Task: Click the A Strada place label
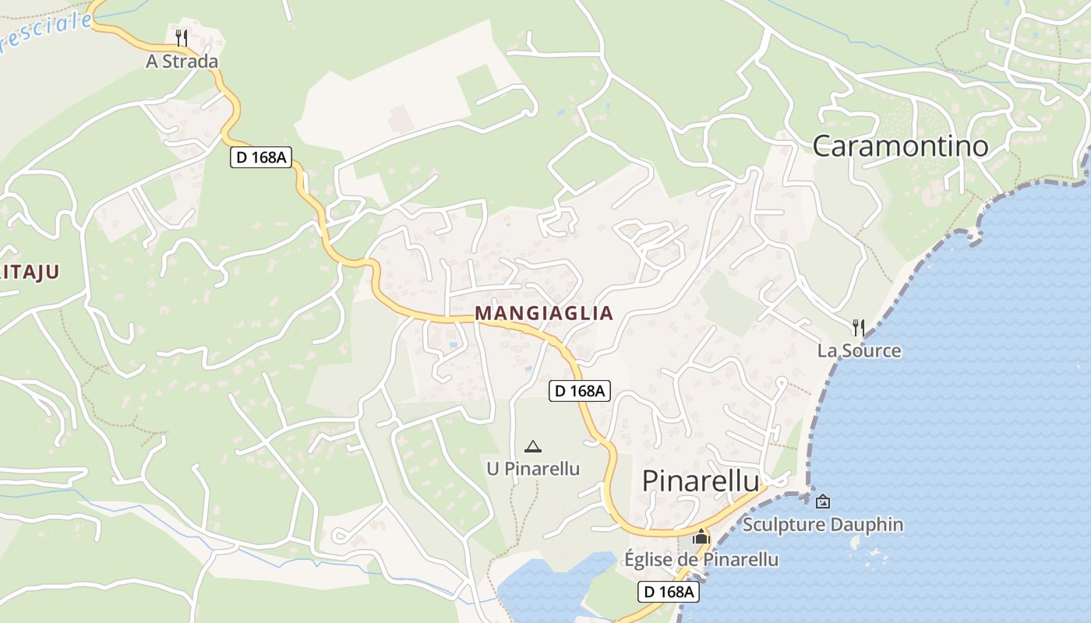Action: pos(182,61)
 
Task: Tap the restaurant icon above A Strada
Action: pos(182,37)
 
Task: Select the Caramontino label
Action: pos(900,146)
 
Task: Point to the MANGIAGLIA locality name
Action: pos(544,313)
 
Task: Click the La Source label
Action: pos(859,350)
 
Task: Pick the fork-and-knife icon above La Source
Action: pos(859,327)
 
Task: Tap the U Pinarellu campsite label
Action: pos(533,468)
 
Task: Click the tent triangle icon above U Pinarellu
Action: pos(533,446)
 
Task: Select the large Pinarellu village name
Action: pos(700,481)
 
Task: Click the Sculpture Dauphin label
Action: pos(823,524)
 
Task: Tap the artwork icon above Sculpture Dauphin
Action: pos(823,502)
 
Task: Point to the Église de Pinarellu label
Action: pos(701,559)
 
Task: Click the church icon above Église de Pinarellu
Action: pos(701,537)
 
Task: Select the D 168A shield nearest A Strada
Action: pos(260,157)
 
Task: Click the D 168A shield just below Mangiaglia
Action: pos(579,391)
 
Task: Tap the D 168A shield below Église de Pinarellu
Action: pos(669,592)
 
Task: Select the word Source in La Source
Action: pos(871,350)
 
